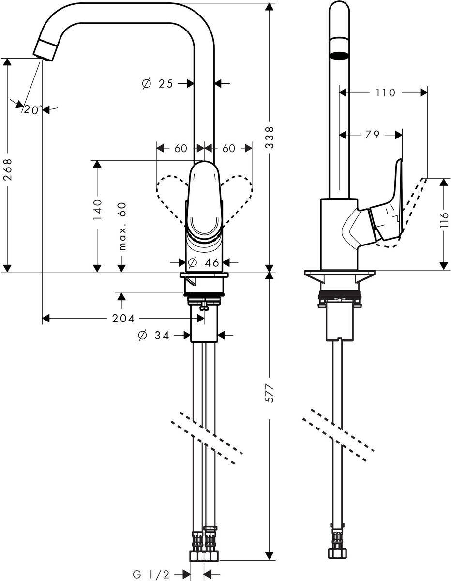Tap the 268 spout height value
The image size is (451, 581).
tap(7, 170)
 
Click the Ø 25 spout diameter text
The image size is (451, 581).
tap(158, 84)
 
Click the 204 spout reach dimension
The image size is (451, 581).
tap(123, 318)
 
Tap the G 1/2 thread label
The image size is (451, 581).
tap(151, 575)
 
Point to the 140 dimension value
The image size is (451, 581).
tap(97, 210)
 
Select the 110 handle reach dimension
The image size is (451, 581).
tap(385, 92)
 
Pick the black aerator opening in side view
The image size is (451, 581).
tap(339, 55)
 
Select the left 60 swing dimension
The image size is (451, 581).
tap(180, 148)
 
